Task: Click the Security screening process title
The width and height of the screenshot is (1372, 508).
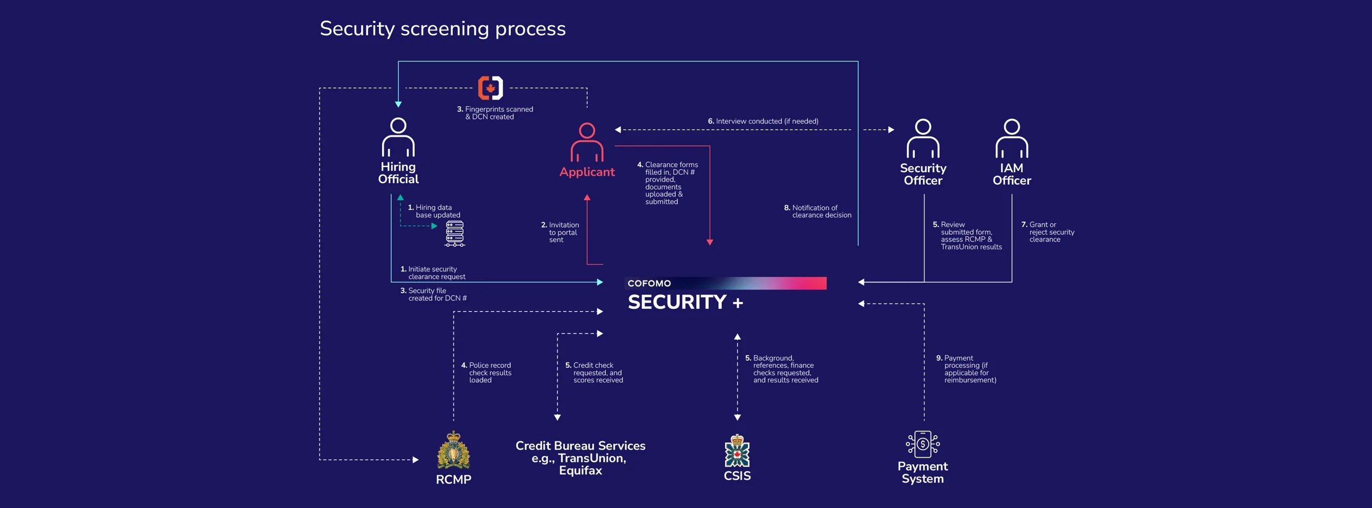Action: tap(443, 28)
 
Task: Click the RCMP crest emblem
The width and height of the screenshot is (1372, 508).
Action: tap(453, 450)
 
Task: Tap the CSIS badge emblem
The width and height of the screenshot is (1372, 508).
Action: tap(737, 451)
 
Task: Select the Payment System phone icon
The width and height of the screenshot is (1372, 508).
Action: tap(923, 444)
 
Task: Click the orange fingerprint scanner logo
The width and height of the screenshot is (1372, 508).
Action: tap(490, 88)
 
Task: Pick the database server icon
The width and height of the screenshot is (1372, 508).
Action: tap(455, 233)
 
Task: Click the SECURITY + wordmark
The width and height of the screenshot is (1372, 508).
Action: tap(685, 302)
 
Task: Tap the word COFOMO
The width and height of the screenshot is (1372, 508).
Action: tap(649, 283)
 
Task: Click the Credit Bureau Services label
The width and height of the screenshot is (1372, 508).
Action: tap(580, 458)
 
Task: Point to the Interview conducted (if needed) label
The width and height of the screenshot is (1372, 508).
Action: tap(763, 122)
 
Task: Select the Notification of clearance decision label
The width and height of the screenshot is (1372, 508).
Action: tap(818, 211)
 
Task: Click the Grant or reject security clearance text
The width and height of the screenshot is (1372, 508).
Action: tap(1048, 232)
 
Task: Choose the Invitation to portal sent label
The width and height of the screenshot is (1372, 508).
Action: tap(561, 232)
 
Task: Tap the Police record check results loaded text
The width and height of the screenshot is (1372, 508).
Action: tap(487, 373)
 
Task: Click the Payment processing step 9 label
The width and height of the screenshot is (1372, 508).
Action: tap(966, 369)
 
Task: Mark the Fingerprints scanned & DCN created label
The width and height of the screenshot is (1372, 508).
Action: tap(495, 113)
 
